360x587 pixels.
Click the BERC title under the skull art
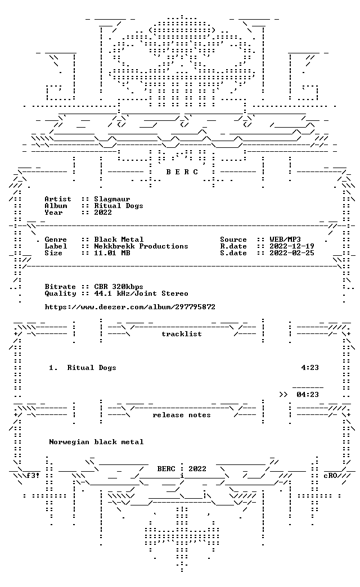182,172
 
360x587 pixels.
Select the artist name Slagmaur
112,199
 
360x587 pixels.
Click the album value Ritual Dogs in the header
118,206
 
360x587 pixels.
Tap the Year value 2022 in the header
103,213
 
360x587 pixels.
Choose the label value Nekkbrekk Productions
141,246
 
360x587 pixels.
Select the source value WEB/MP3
285,240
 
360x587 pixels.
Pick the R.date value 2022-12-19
292,246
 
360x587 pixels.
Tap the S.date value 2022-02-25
292,253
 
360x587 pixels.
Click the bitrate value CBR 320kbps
118,287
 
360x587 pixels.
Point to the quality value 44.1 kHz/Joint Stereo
141,294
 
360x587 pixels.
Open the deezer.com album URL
130,307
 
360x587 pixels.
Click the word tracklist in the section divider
182,334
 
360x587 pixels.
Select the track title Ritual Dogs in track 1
92,368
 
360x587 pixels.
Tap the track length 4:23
310,368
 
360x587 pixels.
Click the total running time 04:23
308,395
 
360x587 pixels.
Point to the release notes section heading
182,415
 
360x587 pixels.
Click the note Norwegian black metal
96,442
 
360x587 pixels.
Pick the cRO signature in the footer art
330,476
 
